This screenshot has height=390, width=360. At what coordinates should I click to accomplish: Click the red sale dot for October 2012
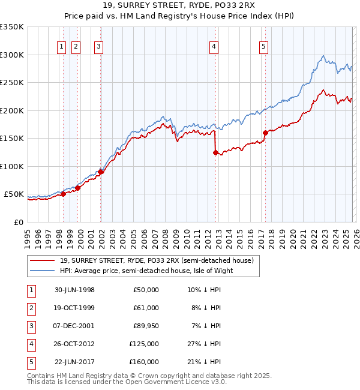pyautogui.click(x=215, y=152)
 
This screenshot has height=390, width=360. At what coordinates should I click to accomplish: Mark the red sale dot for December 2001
pyautogui.click(x=100, y=172)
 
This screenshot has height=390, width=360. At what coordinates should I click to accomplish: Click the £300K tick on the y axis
pyautogui.click(x=12, y=55)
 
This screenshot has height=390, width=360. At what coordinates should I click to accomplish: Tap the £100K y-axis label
pyautogui.click(x=12, y=167)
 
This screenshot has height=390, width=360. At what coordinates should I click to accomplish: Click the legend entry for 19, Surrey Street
pyautogui.click(x=157, y=260)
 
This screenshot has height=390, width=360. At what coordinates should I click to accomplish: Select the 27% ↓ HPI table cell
pyautogui.click(x=204, y=344)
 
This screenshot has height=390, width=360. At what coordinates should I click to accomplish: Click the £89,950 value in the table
pyautogui.click(x=146, y=326)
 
